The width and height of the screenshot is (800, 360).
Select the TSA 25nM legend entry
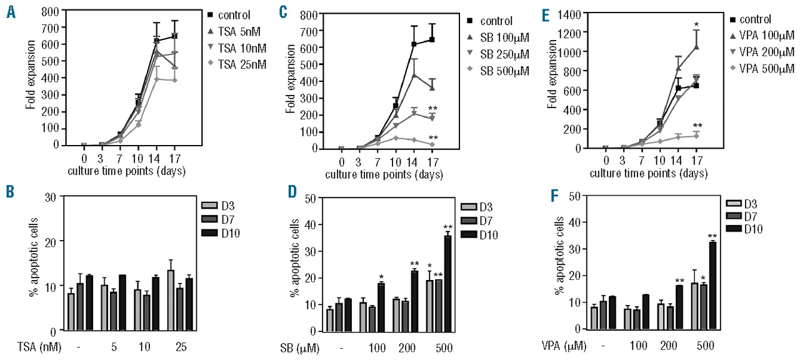tap(234, 64)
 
